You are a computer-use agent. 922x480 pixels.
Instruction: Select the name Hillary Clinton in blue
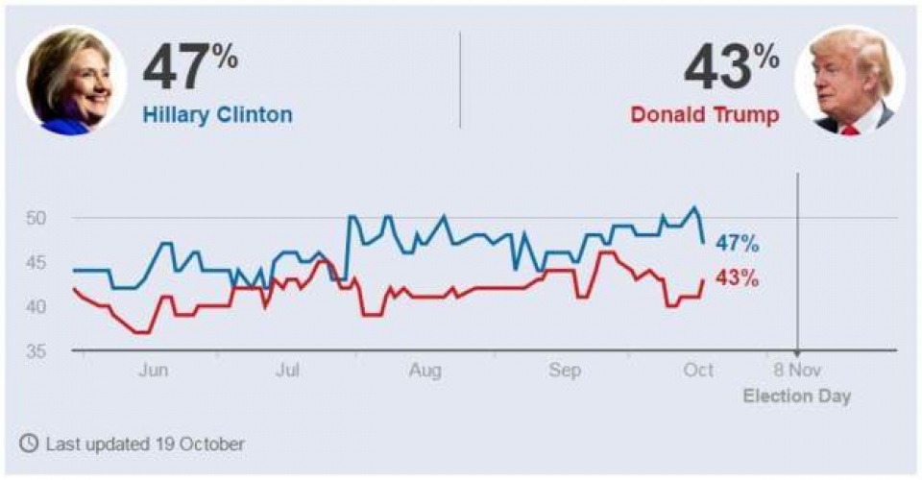[218, 115]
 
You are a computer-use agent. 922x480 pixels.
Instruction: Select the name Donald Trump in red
[704, 115]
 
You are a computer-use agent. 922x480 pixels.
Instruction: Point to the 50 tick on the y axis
[36, 218]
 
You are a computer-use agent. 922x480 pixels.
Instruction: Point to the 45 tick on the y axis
[36, 262]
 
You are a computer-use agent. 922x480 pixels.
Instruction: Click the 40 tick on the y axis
[36, 306]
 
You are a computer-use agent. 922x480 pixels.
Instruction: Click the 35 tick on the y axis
[36, 351]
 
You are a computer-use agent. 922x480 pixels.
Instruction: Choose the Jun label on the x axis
[154, 371]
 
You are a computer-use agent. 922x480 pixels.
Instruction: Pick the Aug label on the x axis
[425, 371]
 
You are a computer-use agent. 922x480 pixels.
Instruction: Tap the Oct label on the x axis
[698, 371]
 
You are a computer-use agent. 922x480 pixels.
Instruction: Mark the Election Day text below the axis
[796, 396]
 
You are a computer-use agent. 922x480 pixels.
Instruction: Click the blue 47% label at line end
[737, 245]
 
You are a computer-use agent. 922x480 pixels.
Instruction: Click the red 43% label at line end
[737, 279]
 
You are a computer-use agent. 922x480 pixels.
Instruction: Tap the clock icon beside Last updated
[30, 444]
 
